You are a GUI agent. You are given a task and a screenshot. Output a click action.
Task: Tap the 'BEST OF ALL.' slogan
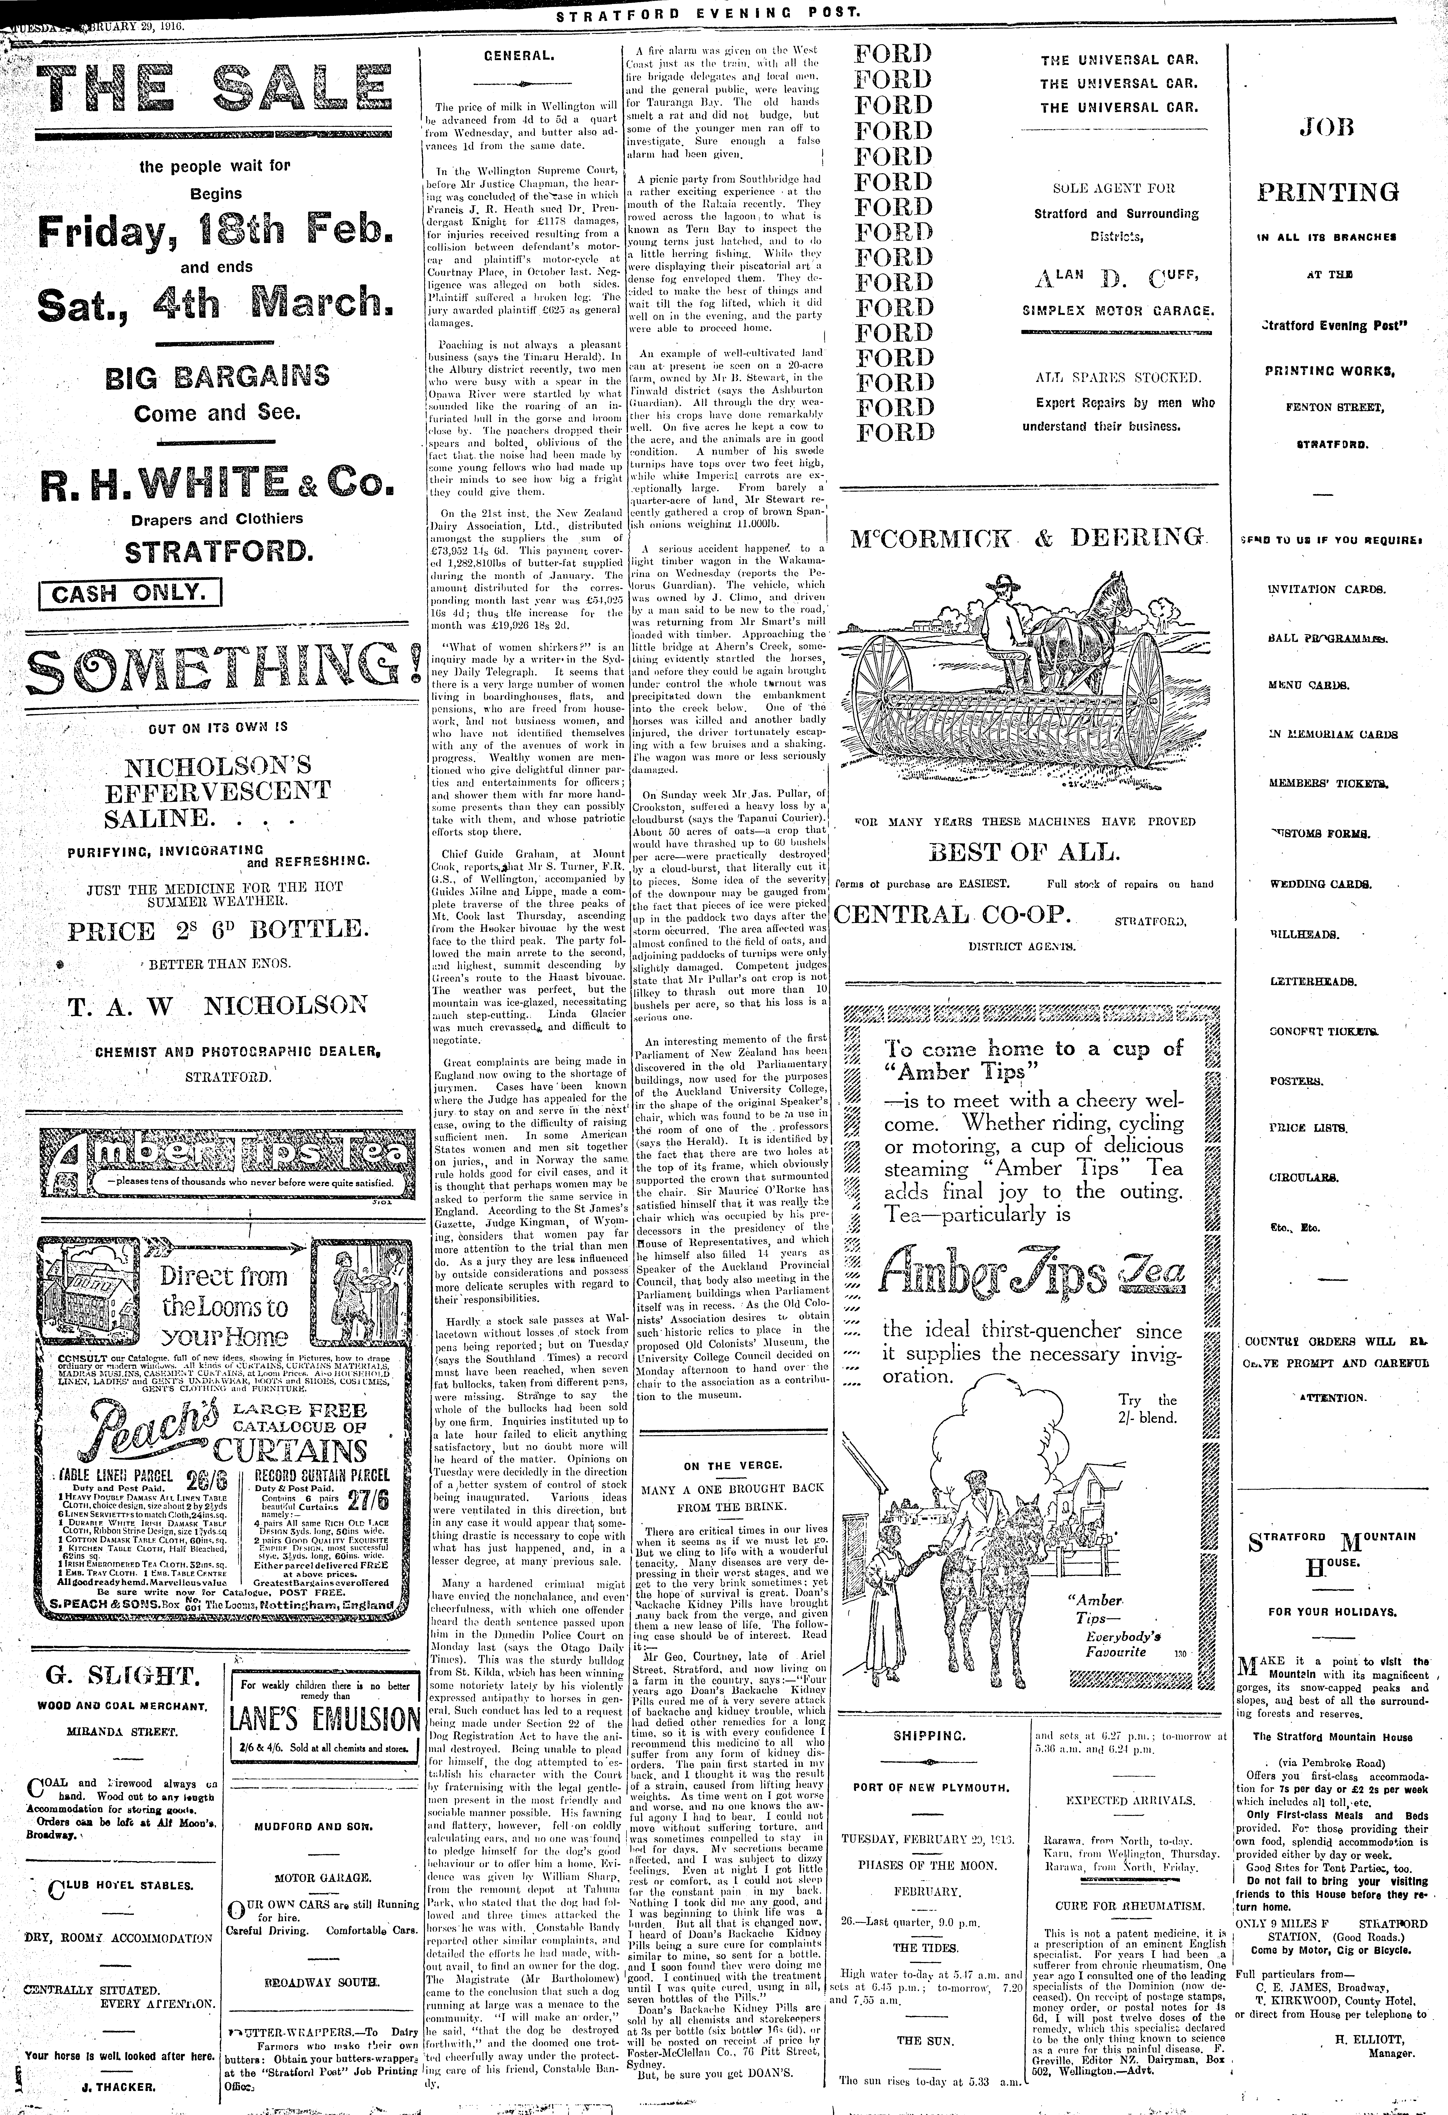(1024, 853)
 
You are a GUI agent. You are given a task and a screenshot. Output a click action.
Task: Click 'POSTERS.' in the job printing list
(1295, 1081)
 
